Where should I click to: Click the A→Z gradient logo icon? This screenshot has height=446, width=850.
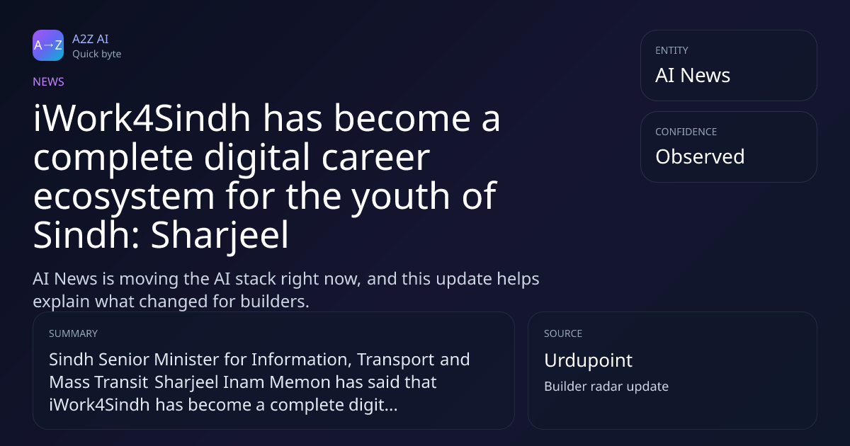[48, 45]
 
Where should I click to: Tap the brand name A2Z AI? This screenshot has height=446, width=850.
[91, 39]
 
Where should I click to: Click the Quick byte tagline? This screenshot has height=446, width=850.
[97, 55]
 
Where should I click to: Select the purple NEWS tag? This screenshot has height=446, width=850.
[48, 81]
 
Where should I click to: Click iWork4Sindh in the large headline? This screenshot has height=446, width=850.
[142, 118]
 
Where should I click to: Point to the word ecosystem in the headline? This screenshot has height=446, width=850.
[124, 197]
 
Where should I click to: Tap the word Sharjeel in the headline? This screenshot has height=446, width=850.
[220, 236]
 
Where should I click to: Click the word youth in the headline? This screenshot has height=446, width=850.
[400, 197]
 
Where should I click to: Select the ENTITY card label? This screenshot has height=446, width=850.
[671, 50]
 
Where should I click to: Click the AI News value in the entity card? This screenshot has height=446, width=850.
[693, 75]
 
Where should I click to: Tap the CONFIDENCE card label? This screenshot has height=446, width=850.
[686, 132]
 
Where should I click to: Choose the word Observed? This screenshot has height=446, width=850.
[700, 156]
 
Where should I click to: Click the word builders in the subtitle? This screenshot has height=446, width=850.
[275, 302]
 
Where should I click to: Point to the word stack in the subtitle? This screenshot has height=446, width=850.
[256, 279]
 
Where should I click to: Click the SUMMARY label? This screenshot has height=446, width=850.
[73, 333]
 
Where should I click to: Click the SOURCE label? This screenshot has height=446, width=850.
[562, 333]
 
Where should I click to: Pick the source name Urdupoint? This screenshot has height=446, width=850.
[588, 360]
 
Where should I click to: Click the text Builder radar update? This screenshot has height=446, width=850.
[606, 387]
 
